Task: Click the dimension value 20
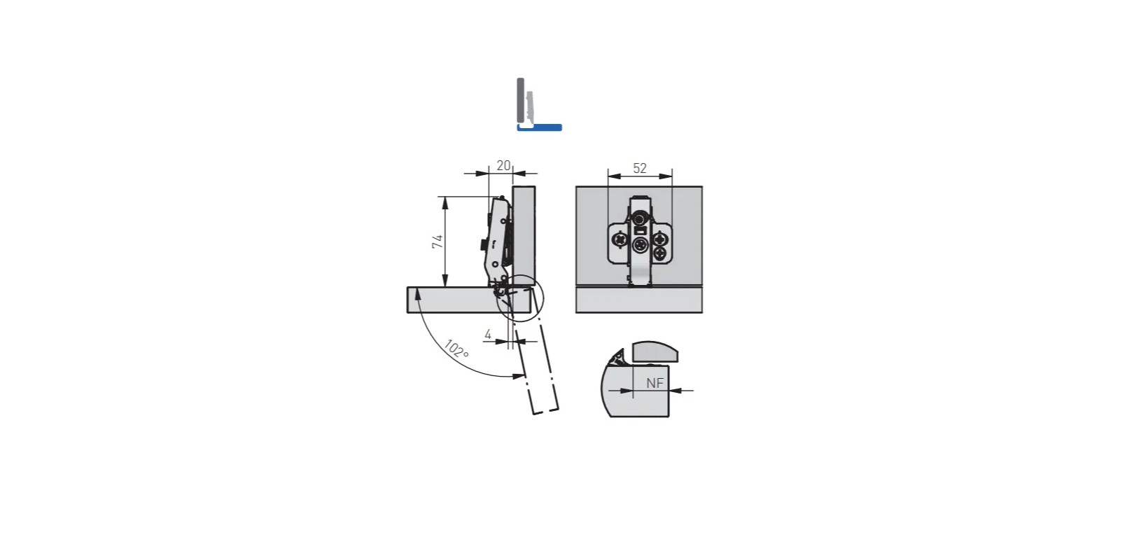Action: coord(503,166)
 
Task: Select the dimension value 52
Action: coord(640,168)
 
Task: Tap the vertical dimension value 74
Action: coord(438,242)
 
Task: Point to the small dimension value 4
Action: coord(488,335)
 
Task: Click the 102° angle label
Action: coord(456,349)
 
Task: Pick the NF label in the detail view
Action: coord(655,384)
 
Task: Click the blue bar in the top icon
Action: coord(540,127)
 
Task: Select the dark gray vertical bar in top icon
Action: coord(521,100)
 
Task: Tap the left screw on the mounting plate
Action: coord(620,240)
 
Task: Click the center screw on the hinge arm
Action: coord(640,246)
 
